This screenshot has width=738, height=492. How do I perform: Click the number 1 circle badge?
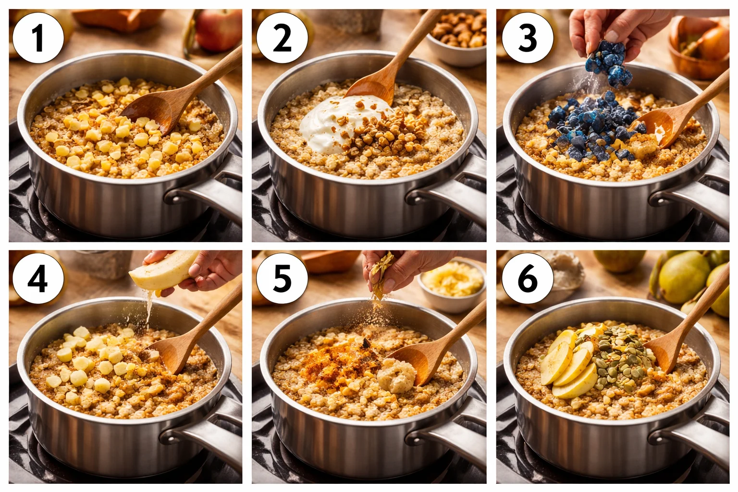coord(38,38)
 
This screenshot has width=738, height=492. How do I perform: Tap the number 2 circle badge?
coord(282,38)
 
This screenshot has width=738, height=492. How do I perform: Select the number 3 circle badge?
coord(528,38)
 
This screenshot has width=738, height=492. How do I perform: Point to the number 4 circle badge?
coord(38,279)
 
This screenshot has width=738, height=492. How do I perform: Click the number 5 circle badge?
coord(282,279)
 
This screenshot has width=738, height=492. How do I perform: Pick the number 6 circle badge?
coord(528,279)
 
